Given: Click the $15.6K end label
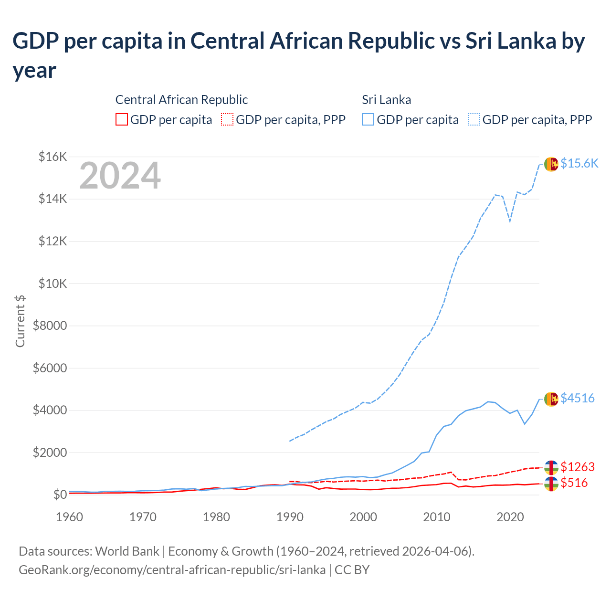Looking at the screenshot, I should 579,163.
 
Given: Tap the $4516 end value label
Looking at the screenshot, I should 578,398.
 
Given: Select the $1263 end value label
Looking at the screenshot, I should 578,466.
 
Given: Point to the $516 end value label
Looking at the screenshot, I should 574,483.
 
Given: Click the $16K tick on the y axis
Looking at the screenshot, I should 53,157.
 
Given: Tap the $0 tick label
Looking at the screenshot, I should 60,495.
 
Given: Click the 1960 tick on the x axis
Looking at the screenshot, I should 70,517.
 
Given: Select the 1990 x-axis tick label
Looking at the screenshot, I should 290,517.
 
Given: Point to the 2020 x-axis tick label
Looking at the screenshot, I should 510,517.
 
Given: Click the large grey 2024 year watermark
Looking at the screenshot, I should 120,176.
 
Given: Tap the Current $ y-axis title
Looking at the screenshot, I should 20,321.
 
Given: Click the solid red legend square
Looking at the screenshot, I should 122,119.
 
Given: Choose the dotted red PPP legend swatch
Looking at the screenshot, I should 227,119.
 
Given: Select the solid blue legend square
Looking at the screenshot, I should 368,119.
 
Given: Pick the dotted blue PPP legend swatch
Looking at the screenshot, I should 474,119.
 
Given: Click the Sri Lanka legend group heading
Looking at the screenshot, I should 386,100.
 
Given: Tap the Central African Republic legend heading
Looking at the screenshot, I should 181,100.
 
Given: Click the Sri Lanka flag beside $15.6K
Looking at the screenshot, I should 551,164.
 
